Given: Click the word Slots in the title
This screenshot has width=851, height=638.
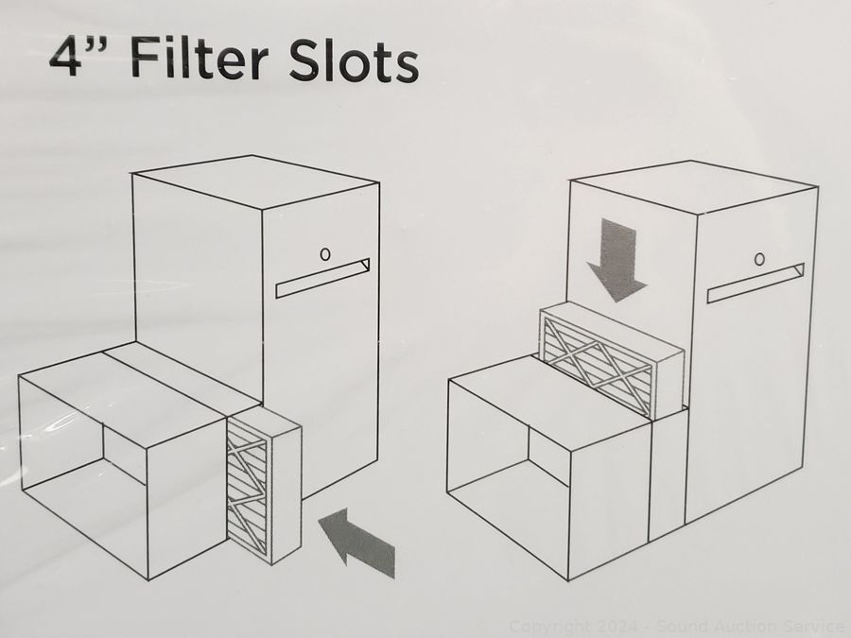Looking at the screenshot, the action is [354, 60].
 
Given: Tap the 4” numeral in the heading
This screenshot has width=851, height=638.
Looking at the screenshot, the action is [78, 56].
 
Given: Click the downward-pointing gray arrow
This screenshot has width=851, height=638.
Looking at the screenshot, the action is [617, 260].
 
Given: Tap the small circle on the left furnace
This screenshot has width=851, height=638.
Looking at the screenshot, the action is [325, 254].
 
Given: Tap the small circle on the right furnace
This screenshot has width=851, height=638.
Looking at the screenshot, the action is [760, 259].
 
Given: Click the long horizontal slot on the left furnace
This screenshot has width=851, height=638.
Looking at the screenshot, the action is [322, 278].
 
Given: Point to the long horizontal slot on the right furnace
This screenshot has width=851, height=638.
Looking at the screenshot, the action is [755, 284].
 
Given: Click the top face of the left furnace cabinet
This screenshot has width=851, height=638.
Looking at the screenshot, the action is [255, 181].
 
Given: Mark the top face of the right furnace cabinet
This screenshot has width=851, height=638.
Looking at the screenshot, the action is [695, 186].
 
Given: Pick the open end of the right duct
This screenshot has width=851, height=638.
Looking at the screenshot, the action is [508, 479].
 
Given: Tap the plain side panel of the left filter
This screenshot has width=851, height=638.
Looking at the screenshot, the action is [286, 493].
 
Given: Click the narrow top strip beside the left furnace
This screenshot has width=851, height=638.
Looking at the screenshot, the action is [181, 374].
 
